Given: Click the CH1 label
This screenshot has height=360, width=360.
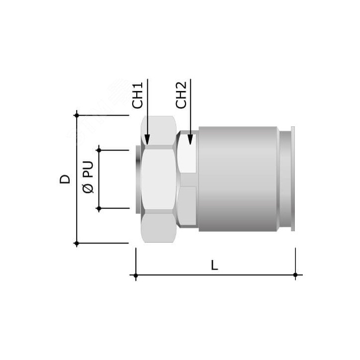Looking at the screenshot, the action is pyautogui.click(x=137, y=95).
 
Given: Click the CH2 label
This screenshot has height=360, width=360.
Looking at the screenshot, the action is pyautogui.click(x=181, y=95).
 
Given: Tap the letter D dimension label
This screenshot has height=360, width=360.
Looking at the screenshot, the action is pyautogui.click(x=65, y=179).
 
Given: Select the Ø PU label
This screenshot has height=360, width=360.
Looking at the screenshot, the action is pyautogui.click(x=88, y=177).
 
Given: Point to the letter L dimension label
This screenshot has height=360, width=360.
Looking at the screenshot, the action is pyautogui.click(x=214, y=266).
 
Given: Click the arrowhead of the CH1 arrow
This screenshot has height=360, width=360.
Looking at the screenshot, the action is pyautogui.click(x=147, y=140).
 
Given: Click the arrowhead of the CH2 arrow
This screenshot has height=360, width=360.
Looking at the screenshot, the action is pyautogui.click(x=190, y=140).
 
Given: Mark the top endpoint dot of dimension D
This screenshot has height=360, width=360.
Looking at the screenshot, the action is pyautogui.click(x=77, y=115).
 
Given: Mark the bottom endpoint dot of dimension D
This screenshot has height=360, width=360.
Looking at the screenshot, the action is pyautogui.click(x=77, y=243).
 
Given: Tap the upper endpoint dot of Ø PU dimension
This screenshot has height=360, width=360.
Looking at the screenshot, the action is pyautogui.click(x=99, y=150).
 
